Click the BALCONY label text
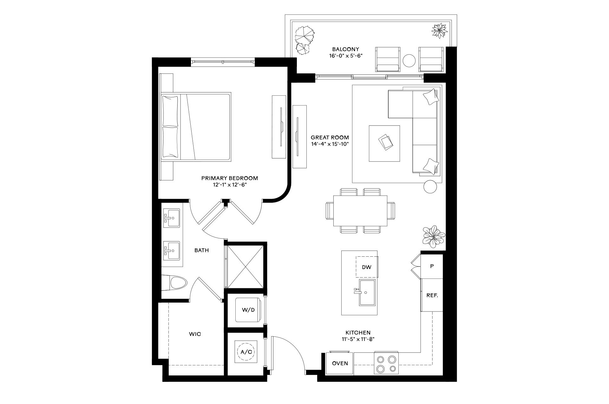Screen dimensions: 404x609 pos(345,49)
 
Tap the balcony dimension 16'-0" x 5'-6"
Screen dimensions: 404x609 pos(345,56)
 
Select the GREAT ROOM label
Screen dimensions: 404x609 pos(330,138)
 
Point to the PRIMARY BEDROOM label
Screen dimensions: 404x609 pos(230,178)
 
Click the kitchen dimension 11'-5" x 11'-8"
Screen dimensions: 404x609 pos(358,339)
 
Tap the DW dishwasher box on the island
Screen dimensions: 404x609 pos(366,267)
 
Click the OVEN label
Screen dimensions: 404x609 pos(340,363)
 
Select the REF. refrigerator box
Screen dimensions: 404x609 pos(432,295)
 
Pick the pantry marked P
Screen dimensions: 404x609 pos(431,266)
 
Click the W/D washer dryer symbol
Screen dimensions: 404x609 pos(248,310)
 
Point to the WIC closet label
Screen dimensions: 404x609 pos(195,334)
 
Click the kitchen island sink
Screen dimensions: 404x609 pos(367,292)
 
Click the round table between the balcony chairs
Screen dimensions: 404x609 pos(409,61)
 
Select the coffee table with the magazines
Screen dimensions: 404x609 pos(384,143)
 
